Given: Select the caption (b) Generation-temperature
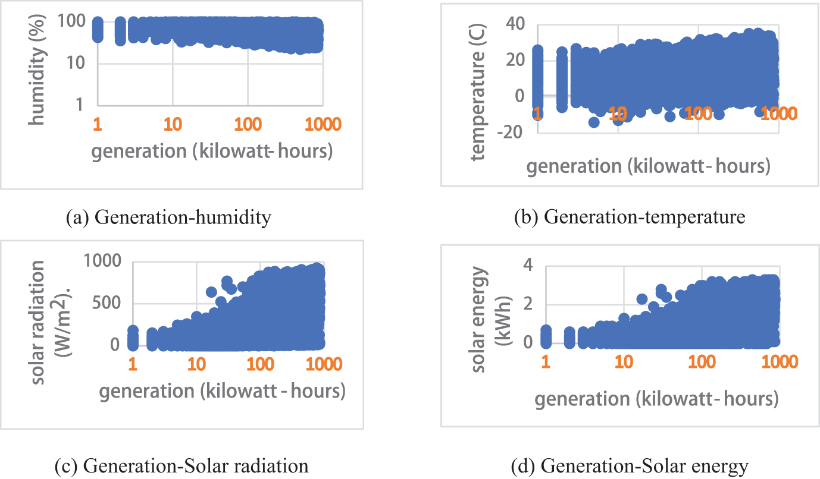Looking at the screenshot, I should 629,218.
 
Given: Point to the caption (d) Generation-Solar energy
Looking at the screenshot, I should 630,467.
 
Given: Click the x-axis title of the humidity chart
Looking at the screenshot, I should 211,151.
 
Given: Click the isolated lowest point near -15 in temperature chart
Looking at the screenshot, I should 593,122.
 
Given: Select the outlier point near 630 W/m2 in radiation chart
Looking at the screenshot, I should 211,292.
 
